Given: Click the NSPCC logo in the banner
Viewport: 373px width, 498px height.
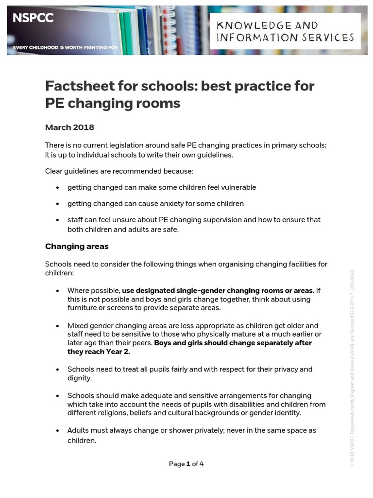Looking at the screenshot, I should [33, 18].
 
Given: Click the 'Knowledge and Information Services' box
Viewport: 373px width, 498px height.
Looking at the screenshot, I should [285, 31].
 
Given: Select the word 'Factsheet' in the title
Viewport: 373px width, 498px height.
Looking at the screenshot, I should [78, 86].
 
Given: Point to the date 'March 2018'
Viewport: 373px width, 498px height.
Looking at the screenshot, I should [69, 127].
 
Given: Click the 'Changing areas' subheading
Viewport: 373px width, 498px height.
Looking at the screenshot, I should [77, 246].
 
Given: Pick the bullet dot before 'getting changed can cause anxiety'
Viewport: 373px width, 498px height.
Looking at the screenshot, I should [58, 204].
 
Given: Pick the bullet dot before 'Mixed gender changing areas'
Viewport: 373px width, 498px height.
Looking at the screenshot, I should [58, 326].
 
